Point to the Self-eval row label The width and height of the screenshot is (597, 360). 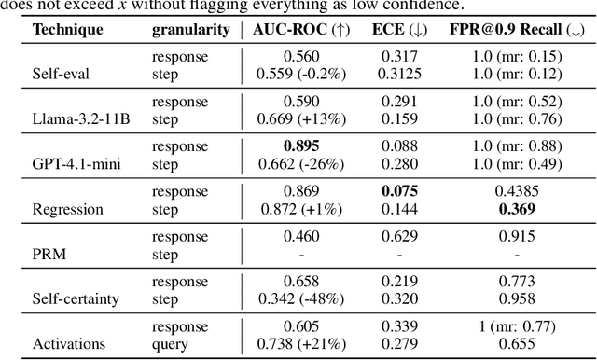tap(61, 72)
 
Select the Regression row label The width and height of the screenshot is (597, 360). tap(66, 209)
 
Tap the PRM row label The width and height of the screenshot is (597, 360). tap(49, 255)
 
